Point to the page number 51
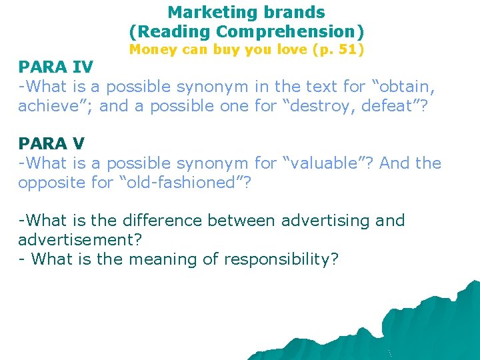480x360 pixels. (x=348, y=49)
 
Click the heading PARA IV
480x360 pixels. (x=56, y=67)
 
